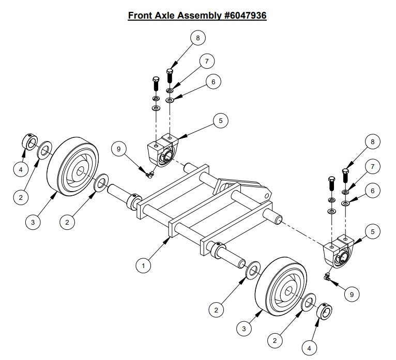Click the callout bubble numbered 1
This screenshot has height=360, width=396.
143,265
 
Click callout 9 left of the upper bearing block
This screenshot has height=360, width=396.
119,149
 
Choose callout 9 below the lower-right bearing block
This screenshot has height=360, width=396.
352,294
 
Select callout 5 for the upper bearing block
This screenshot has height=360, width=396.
220,121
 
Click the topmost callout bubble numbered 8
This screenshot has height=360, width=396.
197,37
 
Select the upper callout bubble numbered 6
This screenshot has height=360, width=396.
212,82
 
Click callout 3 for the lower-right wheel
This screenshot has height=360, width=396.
242,328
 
